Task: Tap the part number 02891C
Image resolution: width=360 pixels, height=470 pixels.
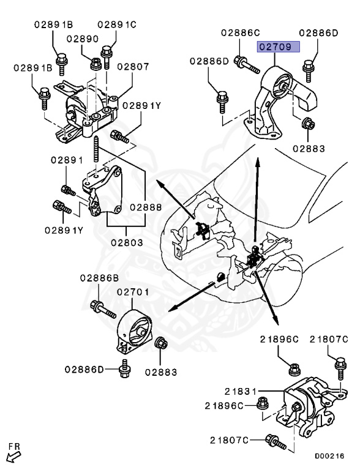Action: tap(117, 25)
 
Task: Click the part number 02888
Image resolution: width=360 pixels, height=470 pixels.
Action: tap(145, 207)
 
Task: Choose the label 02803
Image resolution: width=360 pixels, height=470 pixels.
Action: tap(127, 242)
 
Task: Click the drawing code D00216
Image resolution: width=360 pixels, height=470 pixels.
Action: tap(330, 456)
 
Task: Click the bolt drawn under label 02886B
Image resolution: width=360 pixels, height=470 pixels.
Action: tap(101, 308)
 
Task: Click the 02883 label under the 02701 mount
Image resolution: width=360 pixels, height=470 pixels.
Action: tap(161, 371)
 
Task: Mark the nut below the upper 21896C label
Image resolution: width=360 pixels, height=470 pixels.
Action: tap(294, 369)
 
